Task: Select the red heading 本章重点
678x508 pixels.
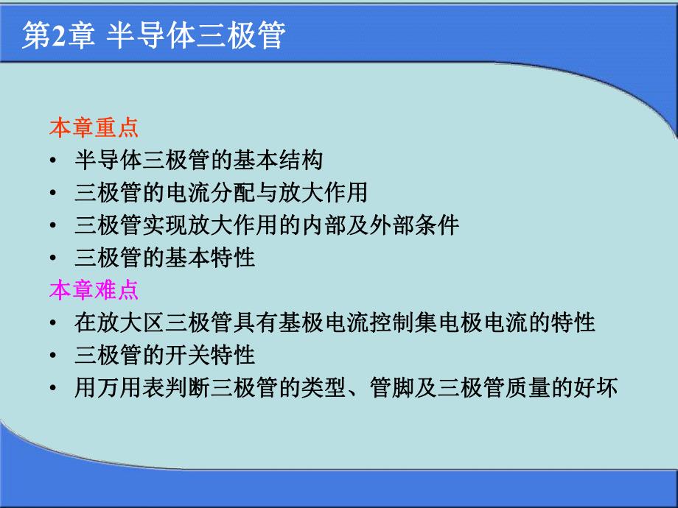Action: pyautogui.click(x=94, y=128)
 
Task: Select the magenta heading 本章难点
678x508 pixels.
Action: pyautogui.click(x=94, y=290)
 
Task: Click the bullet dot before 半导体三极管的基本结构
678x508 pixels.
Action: pyautogui.click(x=54, y=161)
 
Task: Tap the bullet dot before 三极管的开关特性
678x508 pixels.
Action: pyautogui.click(x=54, y=356)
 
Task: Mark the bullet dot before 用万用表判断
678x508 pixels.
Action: pyautogui.click(x=54, y=388)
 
